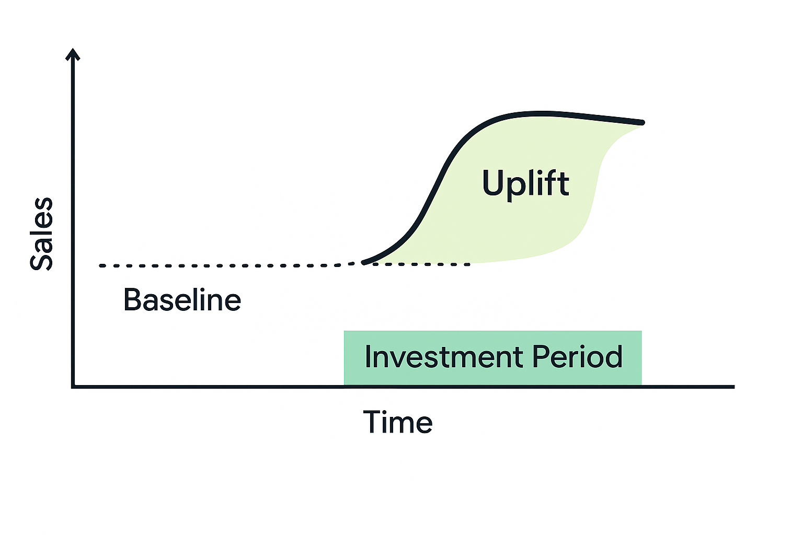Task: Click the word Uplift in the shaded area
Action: click(525, 184)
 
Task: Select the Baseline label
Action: click(182, 299)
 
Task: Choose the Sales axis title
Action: click(41, 234)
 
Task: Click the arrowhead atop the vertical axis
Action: click(73, 54)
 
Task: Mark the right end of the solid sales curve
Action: click(643, 123)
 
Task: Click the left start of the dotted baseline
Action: click(101, 266)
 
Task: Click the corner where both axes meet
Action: click(73, 387)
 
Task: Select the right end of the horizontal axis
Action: click(733, 387)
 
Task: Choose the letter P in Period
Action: click(540, 356)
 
